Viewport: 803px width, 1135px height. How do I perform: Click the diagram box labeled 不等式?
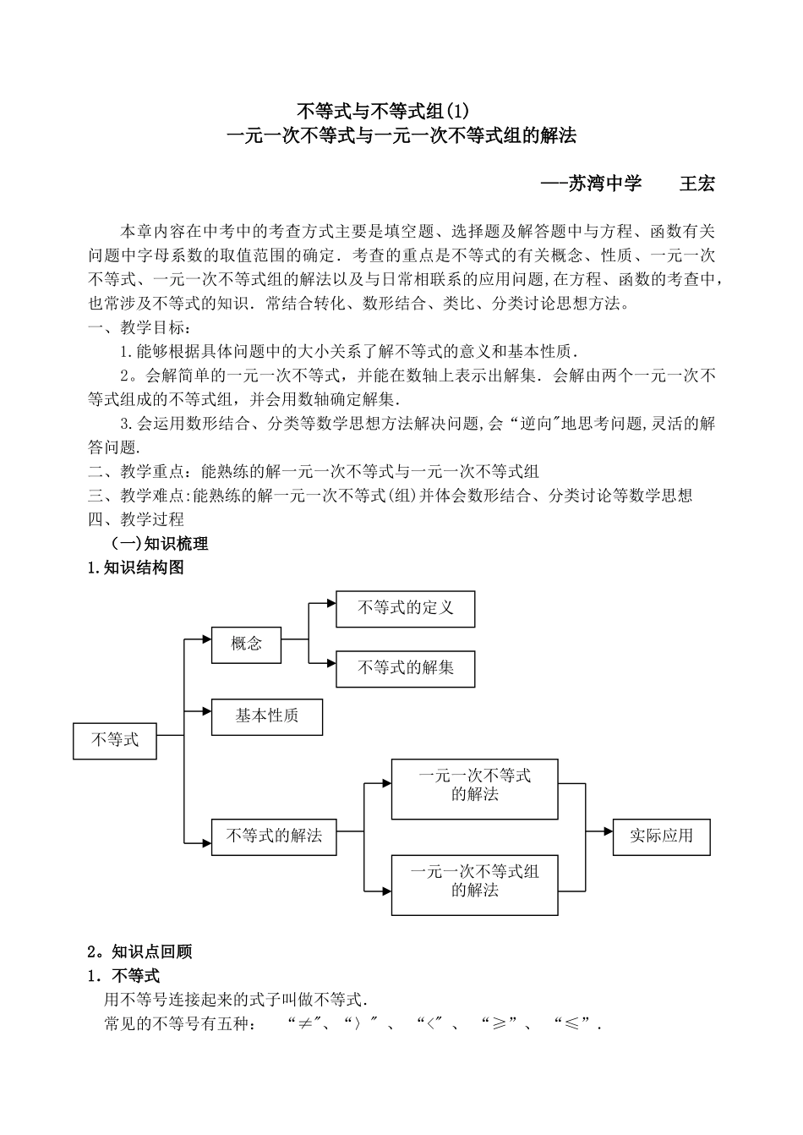pos(115,740)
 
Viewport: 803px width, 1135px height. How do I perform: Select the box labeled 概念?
pos(247,644)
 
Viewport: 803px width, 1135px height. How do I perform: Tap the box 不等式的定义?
pos(405,608)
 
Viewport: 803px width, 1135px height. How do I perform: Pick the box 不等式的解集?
pos(405,668)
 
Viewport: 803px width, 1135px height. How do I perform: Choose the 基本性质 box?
pos(266,716)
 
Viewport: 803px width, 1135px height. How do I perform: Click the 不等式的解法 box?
pos(274,836)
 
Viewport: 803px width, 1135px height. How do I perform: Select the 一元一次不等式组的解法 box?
pos(474,885)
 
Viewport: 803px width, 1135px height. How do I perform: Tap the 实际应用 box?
pos(661,836)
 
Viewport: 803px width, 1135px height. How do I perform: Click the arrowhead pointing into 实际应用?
pos(608,831)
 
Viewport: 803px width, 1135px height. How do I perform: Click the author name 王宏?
pos(697,184)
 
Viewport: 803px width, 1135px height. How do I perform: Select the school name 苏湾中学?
pos(604,184)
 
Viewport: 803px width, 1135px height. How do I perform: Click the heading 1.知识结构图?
pos(136,568)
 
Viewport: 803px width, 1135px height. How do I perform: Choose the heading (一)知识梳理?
pos(160,544)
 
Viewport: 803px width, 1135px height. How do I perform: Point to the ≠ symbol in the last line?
pos(301,1025)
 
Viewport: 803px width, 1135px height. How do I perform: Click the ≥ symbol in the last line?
pos(500,1025)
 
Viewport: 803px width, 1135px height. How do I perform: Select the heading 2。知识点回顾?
pos(140,952)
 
